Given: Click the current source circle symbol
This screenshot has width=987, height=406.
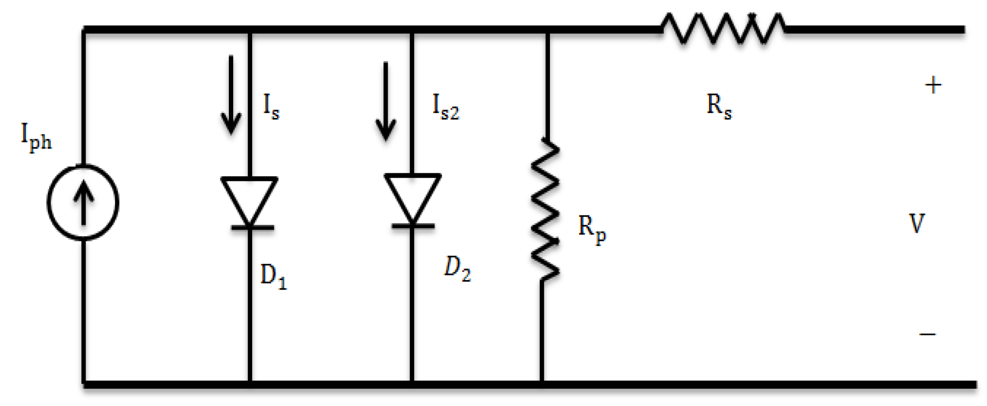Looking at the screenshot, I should pyautogui.click(x=83, y=202).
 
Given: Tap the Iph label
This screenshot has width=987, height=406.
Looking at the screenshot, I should pyautogui.click(x=36, y=137).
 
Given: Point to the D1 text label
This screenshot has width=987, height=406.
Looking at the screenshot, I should pyautogui.click(x=273, y=277).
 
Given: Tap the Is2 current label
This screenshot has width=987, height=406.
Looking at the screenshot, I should pyautogui.click(x=445, y=107).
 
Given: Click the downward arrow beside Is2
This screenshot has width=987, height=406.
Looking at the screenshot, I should pyautogui.click(x=385, y=101).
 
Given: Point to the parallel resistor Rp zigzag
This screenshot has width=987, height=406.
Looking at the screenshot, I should pyautogui.click(x=545, y=208).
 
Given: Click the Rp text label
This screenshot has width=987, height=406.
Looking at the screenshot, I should pyautogui.click(x=592, y=229).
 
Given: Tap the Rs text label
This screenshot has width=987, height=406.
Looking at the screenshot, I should pyautogui.click(x=719, y=106).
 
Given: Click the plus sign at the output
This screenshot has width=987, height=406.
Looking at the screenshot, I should pyautogui.click(x=933, y=86).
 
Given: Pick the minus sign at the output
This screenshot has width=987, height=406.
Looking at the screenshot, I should pyautogui.click(x=927, y=334).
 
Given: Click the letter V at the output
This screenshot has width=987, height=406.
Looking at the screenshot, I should pyautogui.click(x=917, y=224).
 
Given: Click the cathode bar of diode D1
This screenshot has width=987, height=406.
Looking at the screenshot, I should pyautogui.click(x=252, y=227).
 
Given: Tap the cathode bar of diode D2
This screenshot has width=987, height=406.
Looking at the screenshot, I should pyautogui.click(x=413, y=226).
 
